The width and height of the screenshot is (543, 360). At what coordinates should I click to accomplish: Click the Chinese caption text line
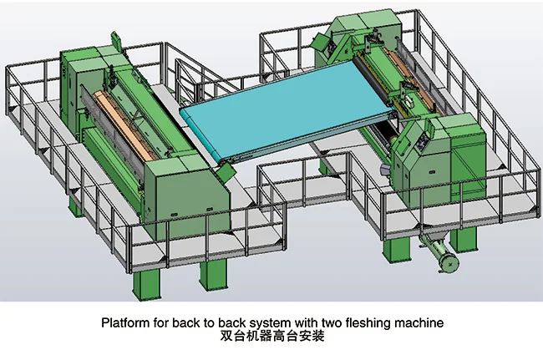click(271, 338)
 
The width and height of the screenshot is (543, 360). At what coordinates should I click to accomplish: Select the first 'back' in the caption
click(185, 322)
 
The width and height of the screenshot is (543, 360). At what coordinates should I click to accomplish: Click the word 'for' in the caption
click(160, 322)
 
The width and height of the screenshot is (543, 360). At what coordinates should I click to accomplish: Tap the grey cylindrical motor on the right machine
click(386, 170)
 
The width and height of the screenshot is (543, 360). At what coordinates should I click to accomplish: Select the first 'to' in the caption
click(208, 322)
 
